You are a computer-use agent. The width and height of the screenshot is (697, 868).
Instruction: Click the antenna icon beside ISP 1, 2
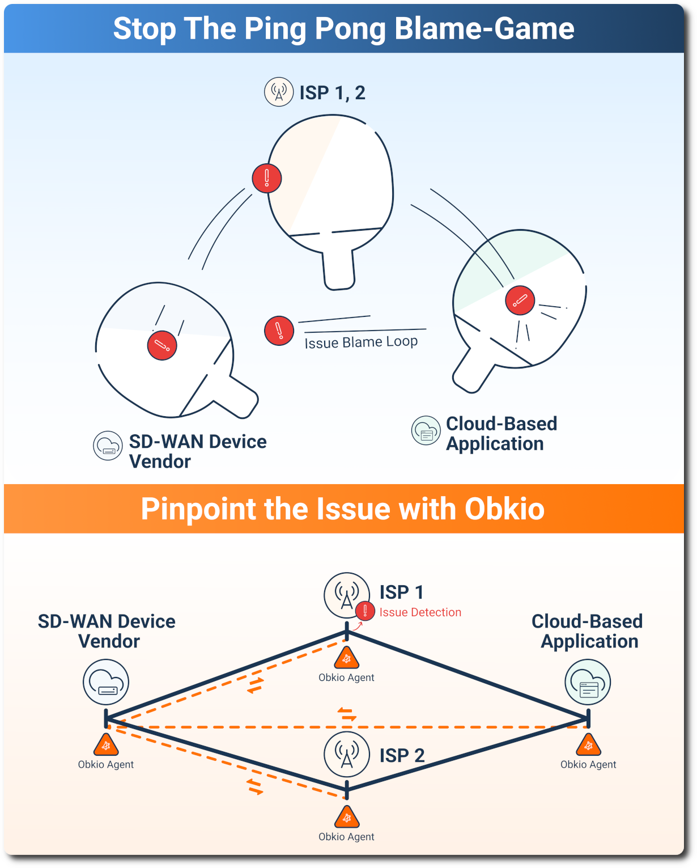tap(279, 92)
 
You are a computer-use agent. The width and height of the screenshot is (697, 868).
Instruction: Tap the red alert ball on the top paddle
tap(267, 178)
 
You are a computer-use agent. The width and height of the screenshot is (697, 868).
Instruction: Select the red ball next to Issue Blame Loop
tap(279, 331)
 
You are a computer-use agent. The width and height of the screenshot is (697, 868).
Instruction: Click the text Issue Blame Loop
tap(361, 342)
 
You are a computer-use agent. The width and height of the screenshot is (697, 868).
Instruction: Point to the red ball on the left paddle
tap(162, 345)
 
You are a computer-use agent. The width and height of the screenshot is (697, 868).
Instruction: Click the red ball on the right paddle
tap(520, 300)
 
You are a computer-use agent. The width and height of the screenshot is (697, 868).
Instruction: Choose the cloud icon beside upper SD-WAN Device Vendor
tap(108, 445)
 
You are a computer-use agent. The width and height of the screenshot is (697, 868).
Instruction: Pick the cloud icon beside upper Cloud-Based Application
tap(426, 430)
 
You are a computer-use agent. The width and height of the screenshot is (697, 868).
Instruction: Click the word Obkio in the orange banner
tap(504, 509)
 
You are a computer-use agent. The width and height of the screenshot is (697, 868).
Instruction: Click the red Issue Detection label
tap(420, 612)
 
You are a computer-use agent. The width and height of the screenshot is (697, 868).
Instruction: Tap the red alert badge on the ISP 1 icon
tap(365, 611)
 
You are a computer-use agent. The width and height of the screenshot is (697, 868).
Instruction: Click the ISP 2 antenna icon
tap(347, 755)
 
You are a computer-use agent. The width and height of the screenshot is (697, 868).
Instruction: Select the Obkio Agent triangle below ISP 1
tap(346, 659)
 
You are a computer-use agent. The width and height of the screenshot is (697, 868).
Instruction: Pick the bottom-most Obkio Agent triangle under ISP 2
tap(346, 818)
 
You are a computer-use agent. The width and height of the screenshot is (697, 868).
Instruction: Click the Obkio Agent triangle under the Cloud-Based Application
tap(588, 746)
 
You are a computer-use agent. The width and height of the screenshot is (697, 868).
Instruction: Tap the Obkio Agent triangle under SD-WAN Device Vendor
tap(106, 746)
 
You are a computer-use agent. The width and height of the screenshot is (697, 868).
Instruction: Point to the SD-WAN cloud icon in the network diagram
tap(106, 682)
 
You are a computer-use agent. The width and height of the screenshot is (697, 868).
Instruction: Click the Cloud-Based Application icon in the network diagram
tap(588, 682)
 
